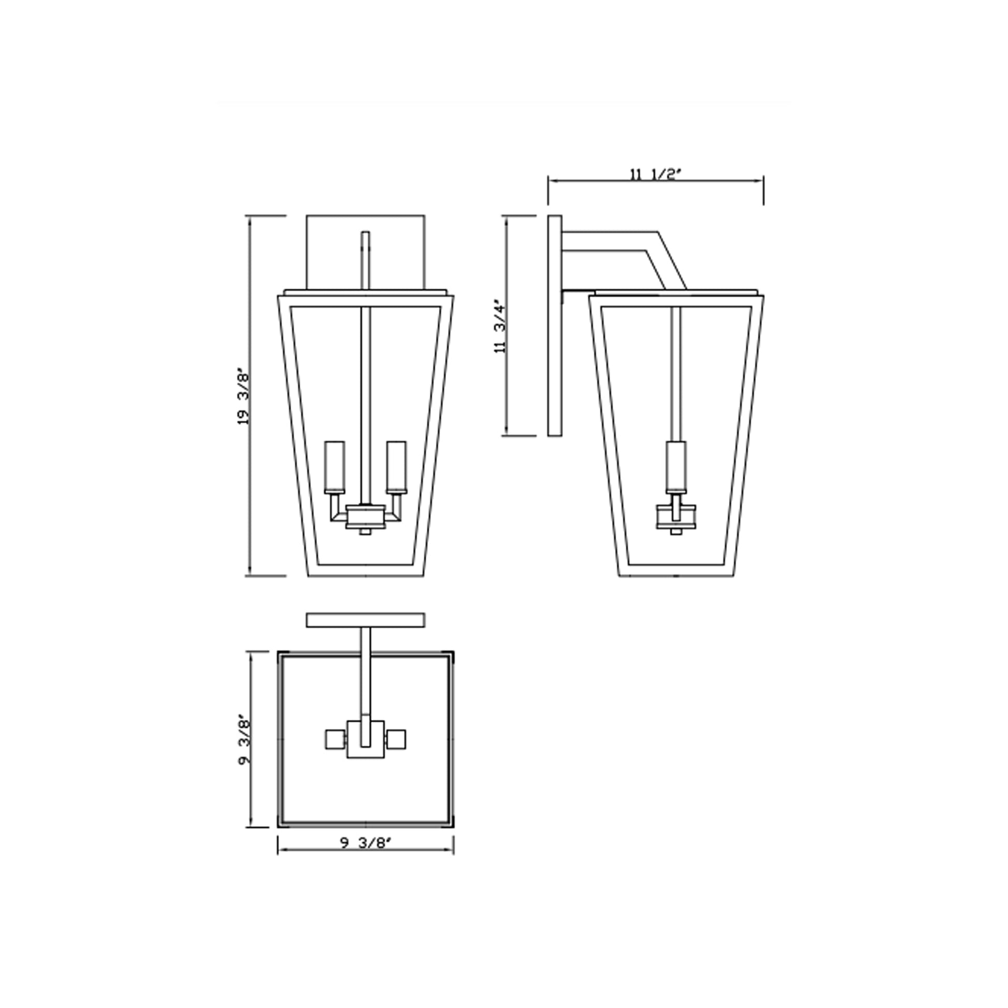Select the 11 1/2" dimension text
pos(655,174)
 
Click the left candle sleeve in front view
pos(335,466)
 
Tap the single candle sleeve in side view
pos(676,466)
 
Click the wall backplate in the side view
pos(555,326)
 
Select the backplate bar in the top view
pos(365,621)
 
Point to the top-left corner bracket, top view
pos(282,656)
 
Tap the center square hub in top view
pos(365,751)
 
